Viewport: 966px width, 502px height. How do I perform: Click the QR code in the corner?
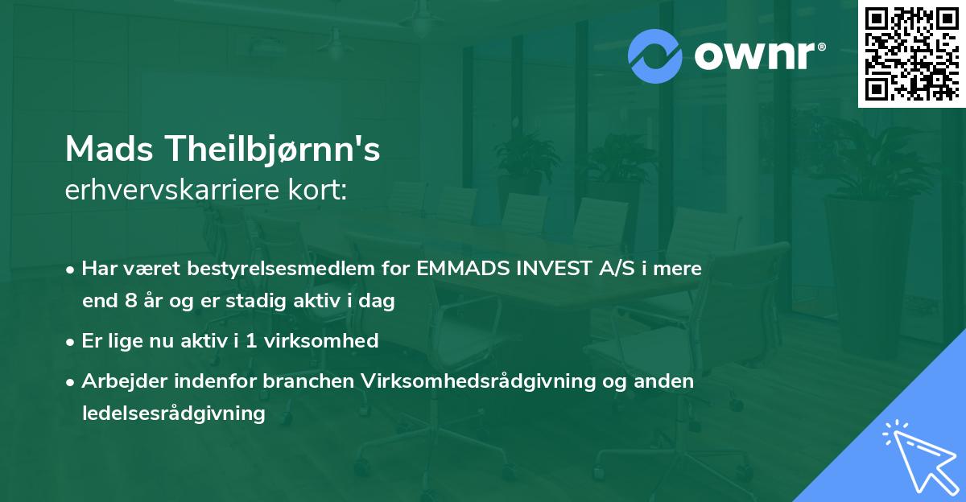pos(911,53)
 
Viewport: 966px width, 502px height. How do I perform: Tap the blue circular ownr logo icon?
pos(655,56)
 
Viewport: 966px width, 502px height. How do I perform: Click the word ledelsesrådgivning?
pos(173,414)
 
